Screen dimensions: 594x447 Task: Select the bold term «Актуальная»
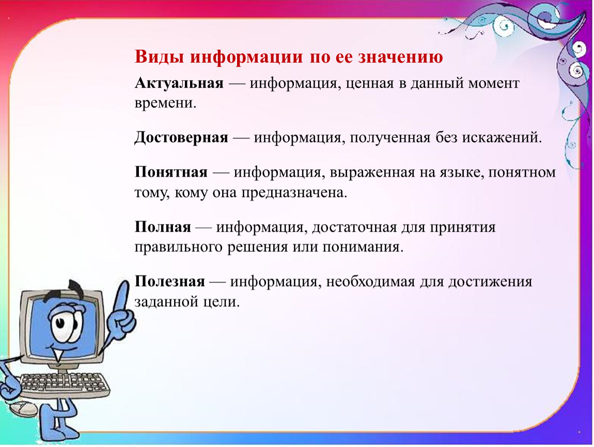click(x=179, y=83)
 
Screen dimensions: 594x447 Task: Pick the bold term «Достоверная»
click(x=181, y=138)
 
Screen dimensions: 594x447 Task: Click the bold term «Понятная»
click(x=171, y=172)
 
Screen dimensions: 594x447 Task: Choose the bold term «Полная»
click(x=163, y=227)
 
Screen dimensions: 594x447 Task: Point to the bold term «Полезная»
click(x=170, y=281)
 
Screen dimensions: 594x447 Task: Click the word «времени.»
click(x=166, y=103)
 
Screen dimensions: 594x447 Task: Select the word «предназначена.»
click(x=294, y=193)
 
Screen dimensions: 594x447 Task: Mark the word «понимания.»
click(x=363, y=247)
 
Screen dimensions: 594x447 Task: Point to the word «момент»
click(x=494, y=83)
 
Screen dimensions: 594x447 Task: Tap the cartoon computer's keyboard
click(x=63, y=383)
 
